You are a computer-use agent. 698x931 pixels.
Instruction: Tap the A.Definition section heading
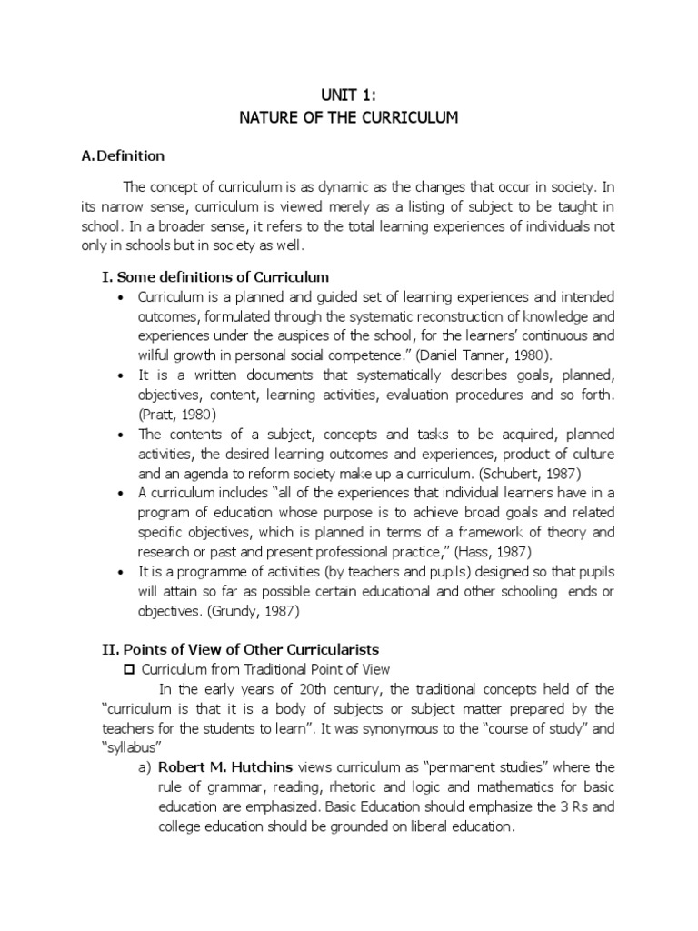123,155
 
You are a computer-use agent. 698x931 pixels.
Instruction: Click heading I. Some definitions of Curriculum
214,276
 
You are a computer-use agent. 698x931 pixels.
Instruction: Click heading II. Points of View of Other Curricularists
239,649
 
